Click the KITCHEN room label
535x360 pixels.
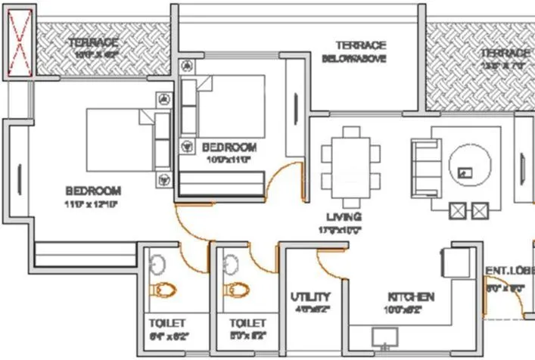tap(411, 296)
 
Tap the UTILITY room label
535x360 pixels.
tap(311, 296)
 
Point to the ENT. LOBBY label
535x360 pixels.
tap(510, 270)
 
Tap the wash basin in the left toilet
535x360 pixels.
tap(157, 265)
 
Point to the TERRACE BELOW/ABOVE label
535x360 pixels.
tap(360, 51)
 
